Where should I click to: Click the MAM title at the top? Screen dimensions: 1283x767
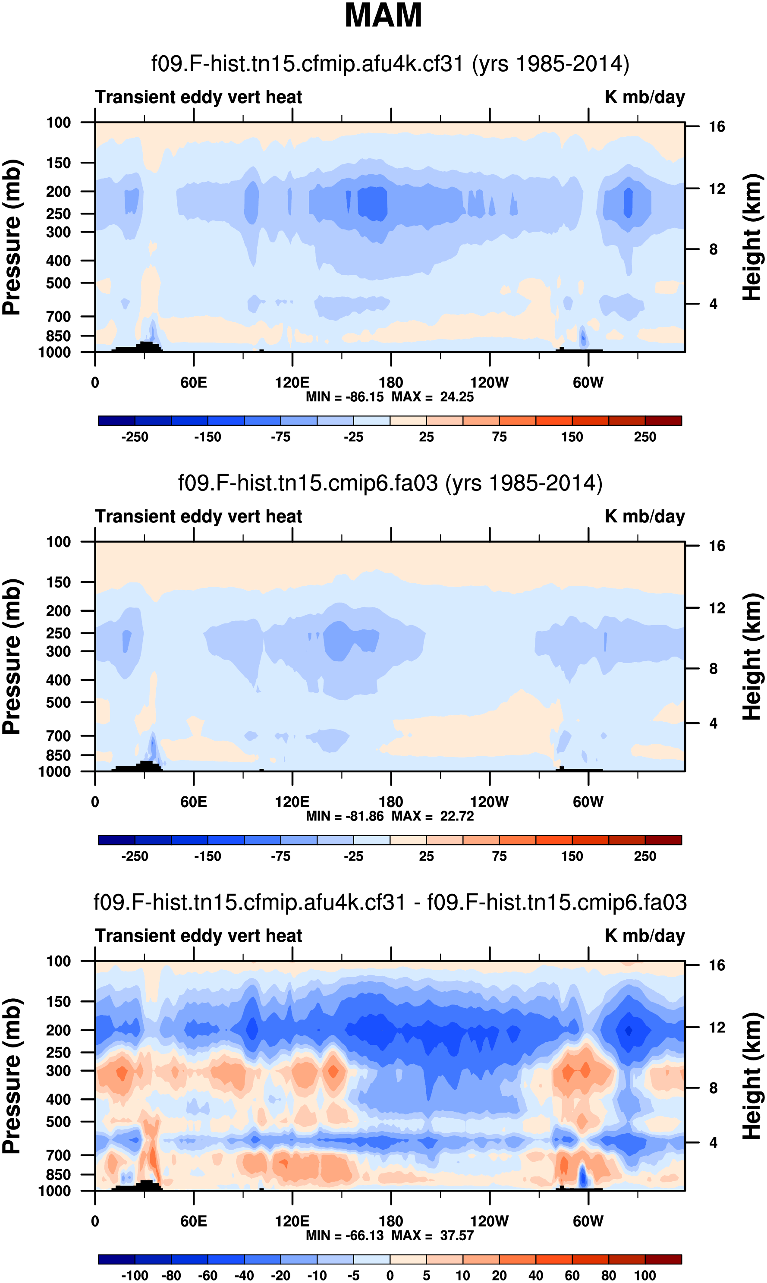point(383,16)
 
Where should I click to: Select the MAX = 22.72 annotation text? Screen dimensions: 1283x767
point(433,816)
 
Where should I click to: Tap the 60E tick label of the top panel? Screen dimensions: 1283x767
point(194,383)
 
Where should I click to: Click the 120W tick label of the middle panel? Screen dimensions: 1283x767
point(489,802)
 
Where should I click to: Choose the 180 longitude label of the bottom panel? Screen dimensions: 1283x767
point(391,1221)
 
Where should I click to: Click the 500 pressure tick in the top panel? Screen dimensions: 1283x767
point(58,283)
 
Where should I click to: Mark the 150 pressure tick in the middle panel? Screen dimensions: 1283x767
point(58,582)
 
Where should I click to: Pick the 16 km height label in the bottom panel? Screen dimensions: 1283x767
point(717,965)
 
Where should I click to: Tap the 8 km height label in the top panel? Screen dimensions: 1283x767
point(713,250)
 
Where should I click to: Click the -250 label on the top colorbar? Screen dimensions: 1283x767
point(135,437)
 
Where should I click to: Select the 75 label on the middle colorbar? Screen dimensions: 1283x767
point(499,856)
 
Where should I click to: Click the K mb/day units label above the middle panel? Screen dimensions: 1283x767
point(644,516)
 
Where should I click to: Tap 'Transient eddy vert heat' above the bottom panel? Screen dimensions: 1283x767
point(198,935)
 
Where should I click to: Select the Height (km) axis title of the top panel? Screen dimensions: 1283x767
point(752,237)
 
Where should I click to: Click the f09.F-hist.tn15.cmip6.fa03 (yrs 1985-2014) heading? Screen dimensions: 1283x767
point(390,483)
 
